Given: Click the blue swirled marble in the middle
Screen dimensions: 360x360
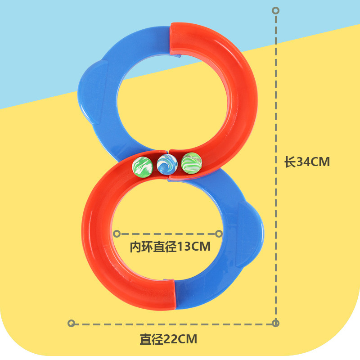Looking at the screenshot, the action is click(x=167, y=165).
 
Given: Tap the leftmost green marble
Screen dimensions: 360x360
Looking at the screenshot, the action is click(x=143, y=166).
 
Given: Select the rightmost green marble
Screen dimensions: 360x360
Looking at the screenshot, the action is click(x=192, y=163).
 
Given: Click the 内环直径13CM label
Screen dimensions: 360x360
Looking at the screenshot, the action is click(x=170, y=247).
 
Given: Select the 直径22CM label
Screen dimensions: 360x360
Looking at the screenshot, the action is click(x=168, y=339).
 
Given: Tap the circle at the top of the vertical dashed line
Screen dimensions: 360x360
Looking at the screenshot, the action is click(x=276, y=10).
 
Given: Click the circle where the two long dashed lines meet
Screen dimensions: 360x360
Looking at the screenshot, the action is click(x=276, y=323).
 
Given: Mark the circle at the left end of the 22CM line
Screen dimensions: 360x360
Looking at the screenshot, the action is click(x=71, y=323).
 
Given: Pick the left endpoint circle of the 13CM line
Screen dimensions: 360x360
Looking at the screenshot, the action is click(x=117, y=234).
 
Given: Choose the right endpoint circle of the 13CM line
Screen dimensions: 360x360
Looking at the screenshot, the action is click(x=219, y=234).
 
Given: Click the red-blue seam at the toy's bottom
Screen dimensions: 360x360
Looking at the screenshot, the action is click(x=175, y=295).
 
